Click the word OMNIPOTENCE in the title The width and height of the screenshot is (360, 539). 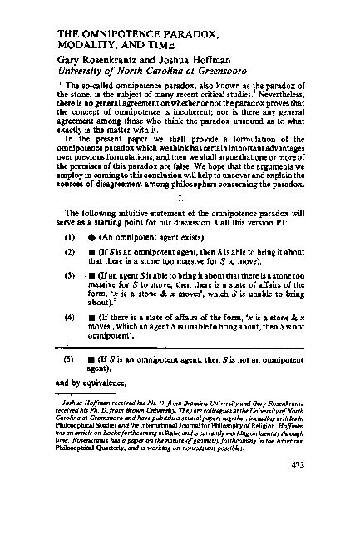coord(119,33)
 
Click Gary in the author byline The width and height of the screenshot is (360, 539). coord(72,60)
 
